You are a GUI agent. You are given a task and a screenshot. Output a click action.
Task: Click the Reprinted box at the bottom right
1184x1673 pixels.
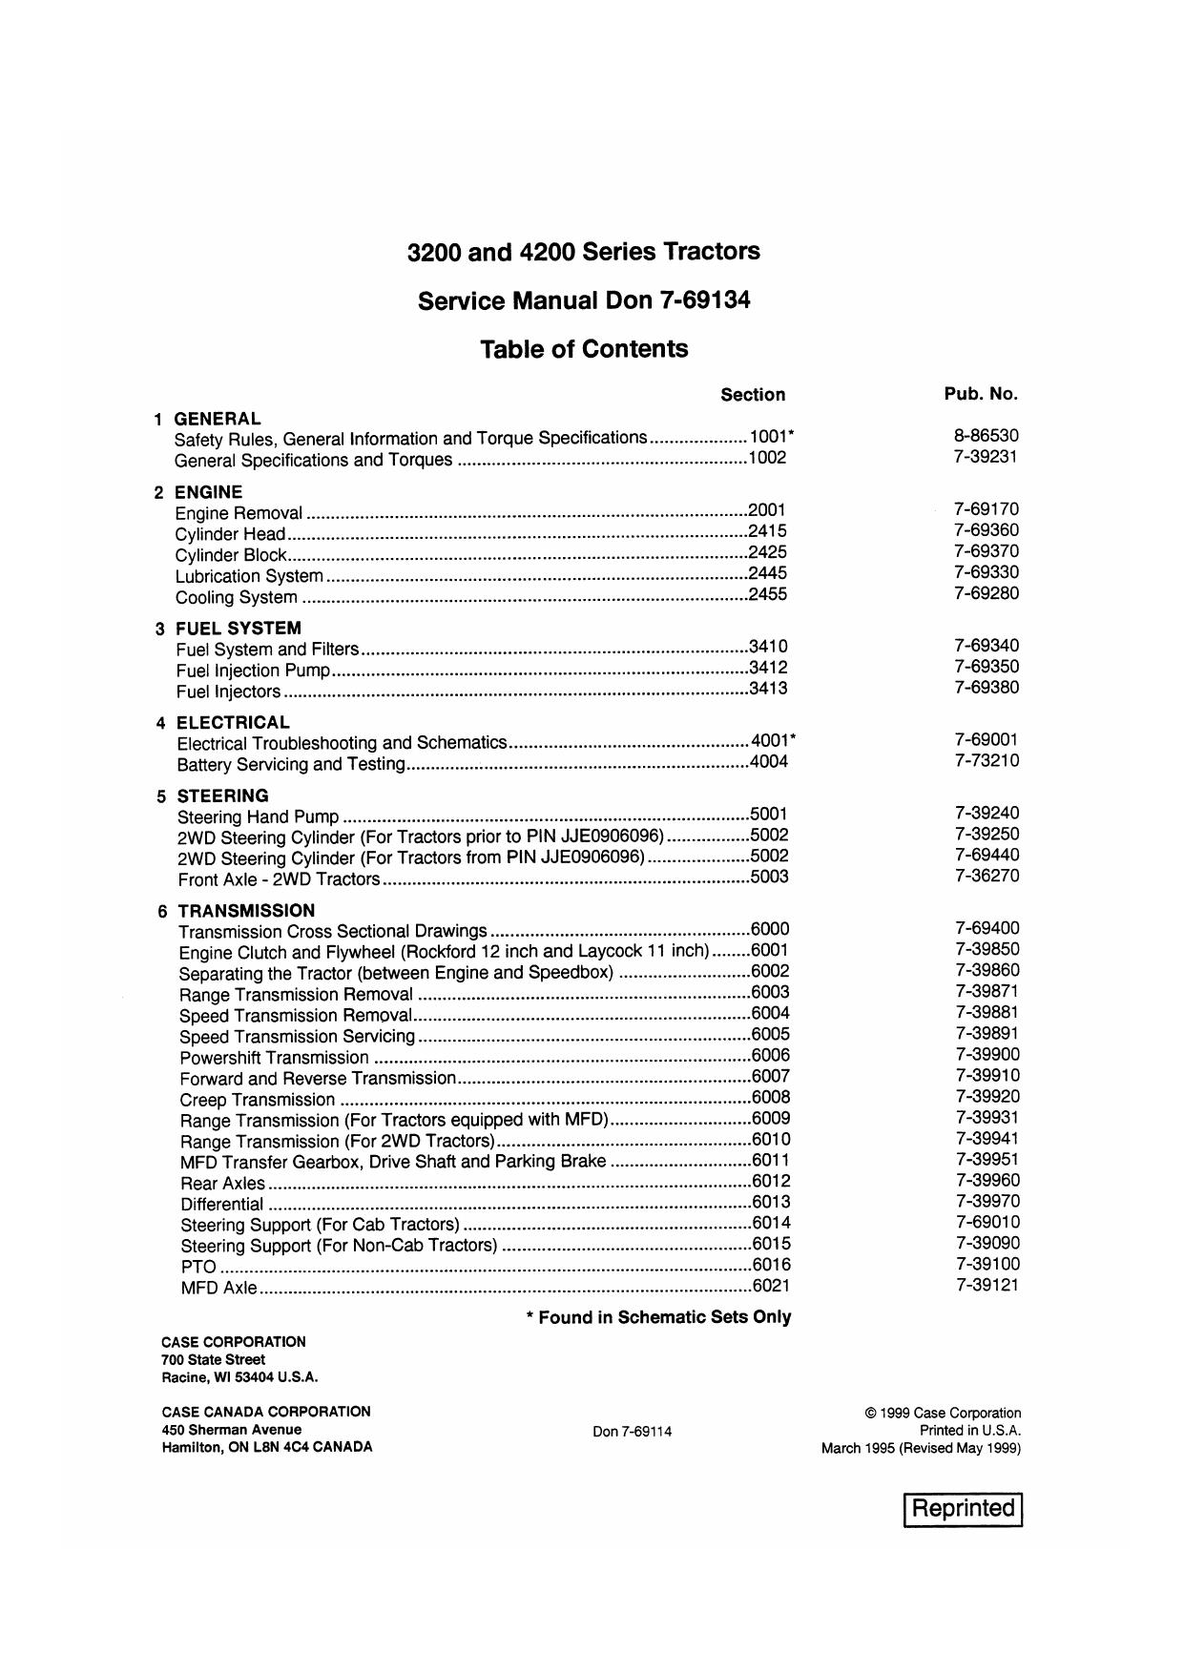pos(963,1509)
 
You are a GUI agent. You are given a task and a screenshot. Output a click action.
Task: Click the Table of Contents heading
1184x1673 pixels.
pos(584,349)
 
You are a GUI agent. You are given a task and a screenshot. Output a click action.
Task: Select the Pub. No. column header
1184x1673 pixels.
pos(981,393)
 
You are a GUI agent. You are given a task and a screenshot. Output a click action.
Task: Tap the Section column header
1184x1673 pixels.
pos(753,395)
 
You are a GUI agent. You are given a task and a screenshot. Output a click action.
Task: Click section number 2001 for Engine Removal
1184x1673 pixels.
pos(767,510)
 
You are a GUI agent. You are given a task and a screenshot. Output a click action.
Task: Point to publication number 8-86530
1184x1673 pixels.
pos(986,436)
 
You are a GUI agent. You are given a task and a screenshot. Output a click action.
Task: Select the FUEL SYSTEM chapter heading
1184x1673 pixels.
pos(238,628)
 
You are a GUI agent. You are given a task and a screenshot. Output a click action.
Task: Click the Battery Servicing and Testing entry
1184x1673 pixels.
pos(291,764)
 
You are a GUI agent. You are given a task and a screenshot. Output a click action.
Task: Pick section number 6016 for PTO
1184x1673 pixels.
pos(771,1265)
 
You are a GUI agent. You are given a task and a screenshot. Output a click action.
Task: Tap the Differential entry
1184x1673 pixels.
pos(221,1204)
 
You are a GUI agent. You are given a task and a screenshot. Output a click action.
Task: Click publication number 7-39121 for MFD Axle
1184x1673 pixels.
pos(987,1285)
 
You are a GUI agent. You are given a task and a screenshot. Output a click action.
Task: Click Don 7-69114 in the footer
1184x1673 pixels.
pos(632,1432)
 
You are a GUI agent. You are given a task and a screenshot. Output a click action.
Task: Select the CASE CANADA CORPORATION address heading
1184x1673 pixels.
pos(266,1412)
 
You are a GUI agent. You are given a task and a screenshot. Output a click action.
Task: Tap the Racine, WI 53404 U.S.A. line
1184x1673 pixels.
pos(239,1377)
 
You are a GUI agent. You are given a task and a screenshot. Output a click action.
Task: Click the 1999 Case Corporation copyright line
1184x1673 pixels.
pos(943,1414)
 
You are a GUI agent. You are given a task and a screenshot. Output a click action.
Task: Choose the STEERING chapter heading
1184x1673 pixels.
pos(222,795)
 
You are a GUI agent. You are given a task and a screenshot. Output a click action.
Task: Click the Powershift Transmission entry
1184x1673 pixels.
pos(274,1058)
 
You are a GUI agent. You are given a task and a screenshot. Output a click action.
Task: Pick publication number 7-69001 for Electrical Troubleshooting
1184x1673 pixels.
pos(987,739)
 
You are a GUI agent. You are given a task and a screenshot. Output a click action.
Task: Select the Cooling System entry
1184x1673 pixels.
pos(236,598)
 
